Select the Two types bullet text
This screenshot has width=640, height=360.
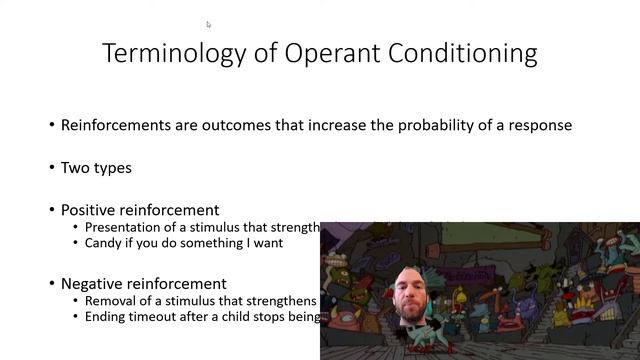click(x=96, y=168)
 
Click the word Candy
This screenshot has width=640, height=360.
click(x=104, y=242)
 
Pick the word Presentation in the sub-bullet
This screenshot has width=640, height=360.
click(x=125, y=227)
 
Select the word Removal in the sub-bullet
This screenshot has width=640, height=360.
click(x=111, y=301)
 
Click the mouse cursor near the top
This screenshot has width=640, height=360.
click(x=209, y=24)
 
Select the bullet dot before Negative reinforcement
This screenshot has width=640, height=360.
click(x=52, y=284)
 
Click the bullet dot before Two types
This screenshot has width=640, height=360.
click(x=52, y=168)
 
